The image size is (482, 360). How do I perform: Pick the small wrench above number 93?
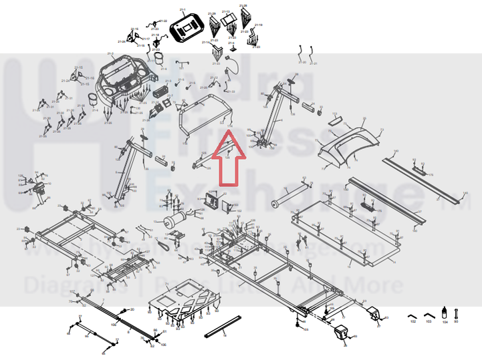(x=457, y=313)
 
